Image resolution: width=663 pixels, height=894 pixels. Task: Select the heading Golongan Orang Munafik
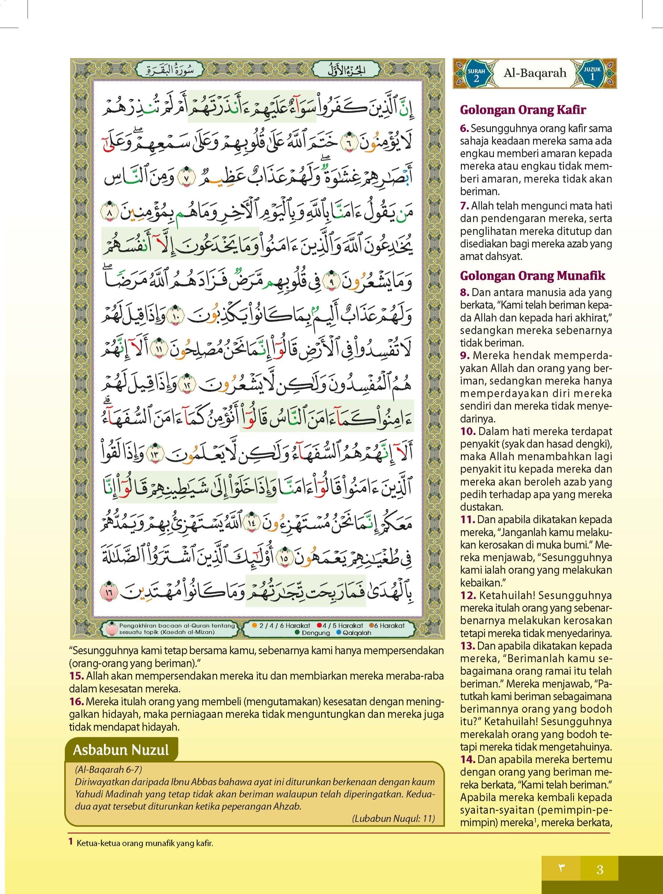532,275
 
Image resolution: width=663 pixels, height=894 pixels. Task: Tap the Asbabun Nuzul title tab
121,750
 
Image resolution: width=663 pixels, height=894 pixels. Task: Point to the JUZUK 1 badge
592,74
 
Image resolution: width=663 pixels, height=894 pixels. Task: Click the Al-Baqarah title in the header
535,73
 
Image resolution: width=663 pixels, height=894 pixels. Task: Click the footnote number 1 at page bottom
71,841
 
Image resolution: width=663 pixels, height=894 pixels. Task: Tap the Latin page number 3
600,870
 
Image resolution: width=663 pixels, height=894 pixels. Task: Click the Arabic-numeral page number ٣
561,870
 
